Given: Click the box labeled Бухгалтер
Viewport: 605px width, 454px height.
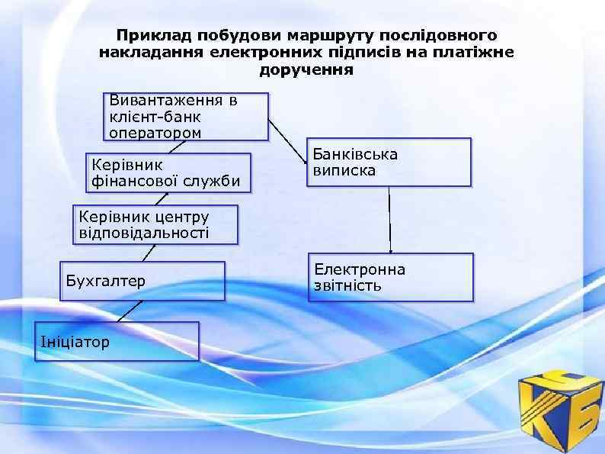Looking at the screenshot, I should [x=143, y=281].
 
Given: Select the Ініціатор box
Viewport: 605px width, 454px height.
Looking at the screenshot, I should [x=115, y=340].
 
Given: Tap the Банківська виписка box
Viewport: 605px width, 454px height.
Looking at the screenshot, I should [x=389, y=162].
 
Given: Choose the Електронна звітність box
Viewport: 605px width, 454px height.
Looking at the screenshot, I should [x=390, y=277].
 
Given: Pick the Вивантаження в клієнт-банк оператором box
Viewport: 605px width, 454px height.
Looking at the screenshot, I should [x=187, y=117].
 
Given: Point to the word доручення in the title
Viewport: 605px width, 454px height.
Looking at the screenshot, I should [x=306, y=70].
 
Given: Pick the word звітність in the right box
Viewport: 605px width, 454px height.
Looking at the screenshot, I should [x=348, y=286].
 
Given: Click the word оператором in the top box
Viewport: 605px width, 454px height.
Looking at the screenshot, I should [x=155, y=132].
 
